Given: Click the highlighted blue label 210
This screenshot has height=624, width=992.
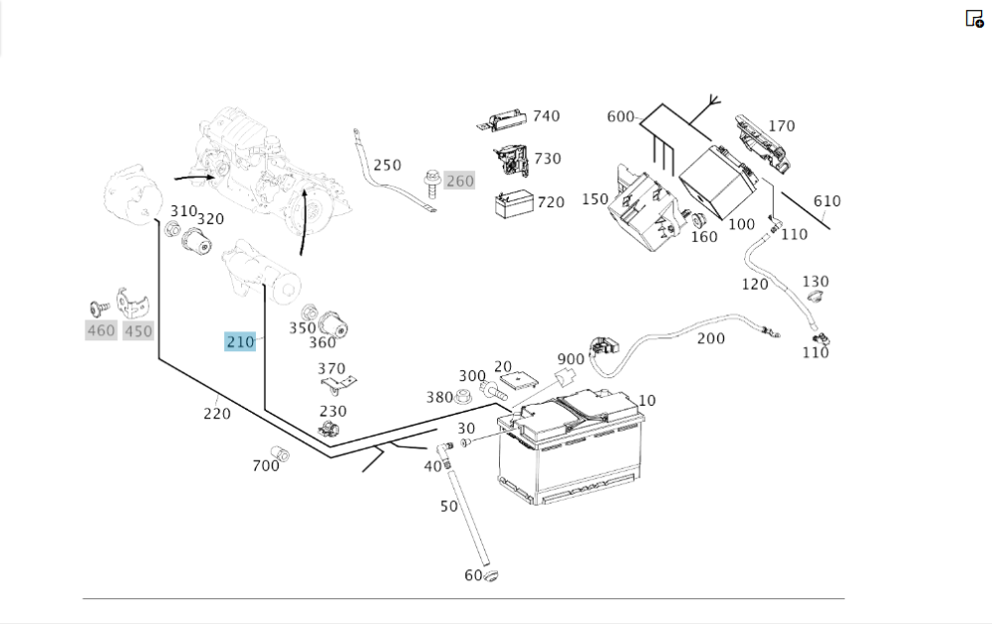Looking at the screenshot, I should (x=240, y=342).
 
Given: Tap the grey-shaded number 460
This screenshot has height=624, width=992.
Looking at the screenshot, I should (x=101, y=330).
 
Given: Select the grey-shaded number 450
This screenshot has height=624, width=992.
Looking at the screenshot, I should (x=138, y=330).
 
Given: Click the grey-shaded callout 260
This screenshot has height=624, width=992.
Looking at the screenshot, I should (x=459, y=181).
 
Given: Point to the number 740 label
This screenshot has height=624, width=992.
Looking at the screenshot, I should (x=546, y=116).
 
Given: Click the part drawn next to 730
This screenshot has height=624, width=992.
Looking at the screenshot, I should (x=512, y=159).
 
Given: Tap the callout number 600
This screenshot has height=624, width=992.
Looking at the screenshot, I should (x=620, y=117).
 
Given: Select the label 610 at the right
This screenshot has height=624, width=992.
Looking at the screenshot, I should (x=826, y=201).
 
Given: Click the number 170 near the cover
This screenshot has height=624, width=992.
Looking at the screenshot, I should (x=782, y=126).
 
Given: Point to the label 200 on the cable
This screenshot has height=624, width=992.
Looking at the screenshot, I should (x=710, y=338).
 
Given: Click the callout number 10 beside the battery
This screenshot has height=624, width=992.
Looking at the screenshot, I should (x=647, y=401).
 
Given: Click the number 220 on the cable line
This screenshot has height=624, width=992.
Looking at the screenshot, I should (x=217, y=414).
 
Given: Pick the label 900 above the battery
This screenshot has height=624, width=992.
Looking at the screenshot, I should (x=570, y=359).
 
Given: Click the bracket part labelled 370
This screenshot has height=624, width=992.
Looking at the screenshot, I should (x=343, y=386).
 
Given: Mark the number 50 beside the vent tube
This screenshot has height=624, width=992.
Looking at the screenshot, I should (x=449, y=506).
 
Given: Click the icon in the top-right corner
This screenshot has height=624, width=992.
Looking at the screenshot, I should (x=974, y=18).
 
